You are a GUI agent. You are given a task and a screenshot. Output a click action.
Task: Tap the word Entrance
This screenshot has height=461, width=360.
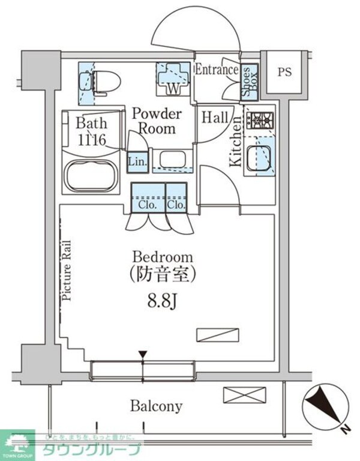click(217, 70)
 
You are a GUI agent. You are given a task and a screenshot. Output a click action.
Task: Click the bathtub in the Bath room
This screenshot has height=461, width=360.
click(92, 175)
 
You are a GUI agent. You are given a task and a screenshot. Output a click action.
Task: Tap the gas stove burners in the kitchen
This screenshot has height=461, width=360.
click(262, 122)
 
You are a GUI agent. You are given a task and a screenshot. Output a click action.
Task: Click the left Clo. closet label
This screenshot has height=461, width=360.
click(148, 204)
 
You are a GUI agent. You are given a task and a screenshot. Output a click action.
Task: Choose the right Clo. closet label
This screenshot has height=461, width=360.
click(176, 204)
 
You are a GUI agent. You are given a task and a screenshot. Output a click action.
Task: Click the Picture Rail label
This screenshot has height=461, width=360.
click(67, 270)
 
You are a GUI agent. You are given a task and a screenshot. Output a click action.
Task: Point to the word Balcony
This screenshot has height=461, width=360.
click(157, 406)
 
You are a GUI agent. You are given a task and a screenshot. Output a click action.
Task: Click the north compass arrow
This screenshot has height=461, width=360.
click(325, 403)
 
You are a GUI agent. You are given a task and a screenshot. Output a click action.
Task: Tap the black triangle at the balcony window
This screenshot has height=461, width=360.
click(143, 355)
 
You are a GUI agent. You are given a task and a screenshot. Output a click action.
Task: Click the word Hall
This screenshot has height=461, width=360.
click(214, 118)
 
